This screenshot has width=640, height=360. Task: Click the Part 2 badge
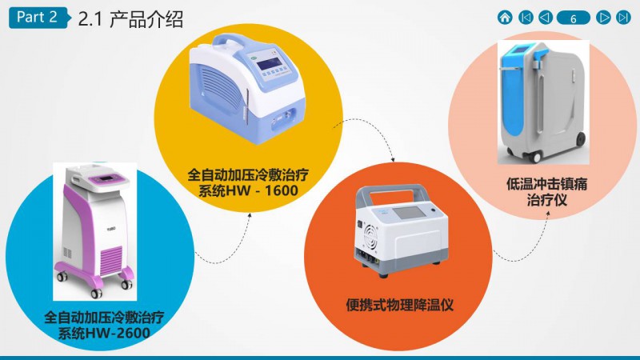tap(37, 18)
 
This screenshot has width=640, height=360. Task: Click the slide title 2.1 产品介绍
tap(130, 19)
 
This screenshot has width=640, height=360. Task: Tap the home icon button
tap(505, 17)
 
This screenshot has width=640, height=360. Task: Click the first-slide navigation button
tap(526, 17)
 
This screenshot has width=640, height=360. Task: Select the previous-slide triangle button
tap(545, 17)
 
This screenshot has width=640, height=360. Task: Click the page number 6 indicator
tap(574, 18)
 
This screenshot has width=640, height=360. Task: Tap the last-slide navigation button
tap(624, 17)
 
